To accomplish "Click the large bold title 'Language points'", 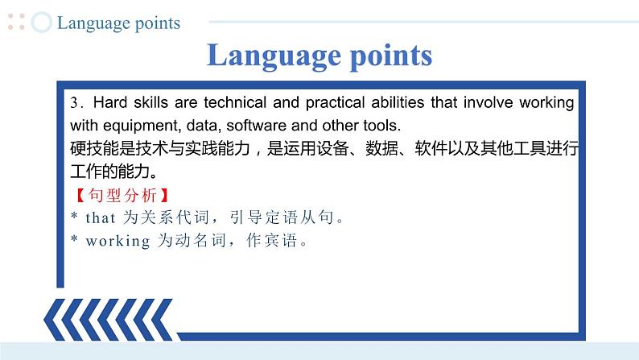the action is tap(319, 56).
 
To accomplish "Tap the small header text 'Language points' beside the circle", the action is tap(118, 23).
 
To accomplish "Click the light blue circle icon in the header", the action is tap(42, 22).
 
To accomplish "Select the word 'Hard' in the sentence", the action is tap(110, 102).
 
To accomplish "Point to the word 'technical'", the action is tap(235, 102).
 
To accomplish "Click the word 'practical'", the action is tap(335, 103).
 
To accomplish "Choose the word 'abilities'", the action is tap(398, 102).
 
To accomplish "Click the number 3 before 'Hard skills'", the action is tap(74, 102).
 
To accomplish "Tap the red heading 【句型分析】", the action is tap(122, 195).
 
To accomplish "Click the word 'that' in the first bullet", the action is tap(101, 218).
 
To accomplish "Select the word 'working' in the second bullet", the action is tap(117, 242).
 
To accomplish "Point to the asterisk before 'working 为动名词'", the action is tap(74, 238).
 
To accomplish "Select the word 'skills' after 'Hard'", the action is tap(150, 102).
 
